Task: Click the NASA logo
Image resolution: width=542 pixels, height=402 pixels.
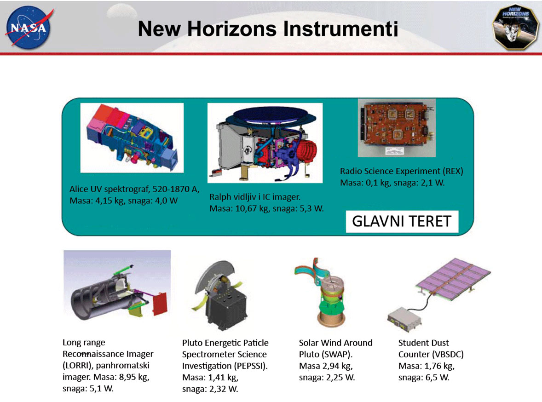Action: tap(29, 28)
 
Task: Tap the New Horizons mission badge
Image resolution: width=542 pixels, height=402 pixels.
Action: tap(515, 27)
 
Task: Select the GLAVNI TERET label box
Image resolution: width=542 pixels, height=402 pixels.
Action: tap(402, 221)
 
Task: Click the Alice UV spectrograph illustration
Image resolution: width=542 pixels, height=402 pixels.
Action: tap(132, 138)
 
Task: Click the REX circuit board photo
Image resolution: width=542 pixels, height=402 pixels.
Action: tap(397, 128)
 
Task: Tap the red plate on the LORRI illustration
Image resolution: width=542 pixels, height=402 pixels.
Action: tap(160, 304)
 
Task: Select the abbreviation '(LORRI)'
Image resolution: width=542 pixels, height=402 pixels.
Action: tap(77, 365)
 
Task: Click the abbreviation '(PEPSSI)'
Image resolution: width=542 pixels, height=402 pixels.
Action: tap(251, 366)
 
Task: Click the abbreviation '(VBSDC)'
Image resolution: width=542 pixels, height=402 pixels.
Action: tap(448, 354)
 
